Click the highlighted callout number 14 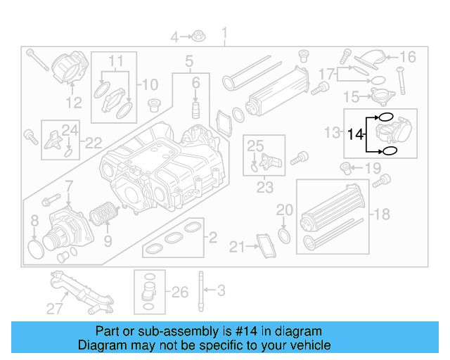[356, 132]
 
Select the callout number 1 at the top [225, 33]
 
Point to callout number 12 [74, 104]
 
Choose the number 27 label [55, 307]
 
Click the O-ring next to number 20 [283, 234]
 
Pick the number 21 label [237, 247]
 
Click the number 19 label [372, 168]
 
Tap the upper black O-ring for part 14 [386, 117]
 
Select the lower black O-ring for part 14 [390, 150]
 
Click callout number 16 [408, 57]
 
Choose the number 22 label [93, 143]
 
